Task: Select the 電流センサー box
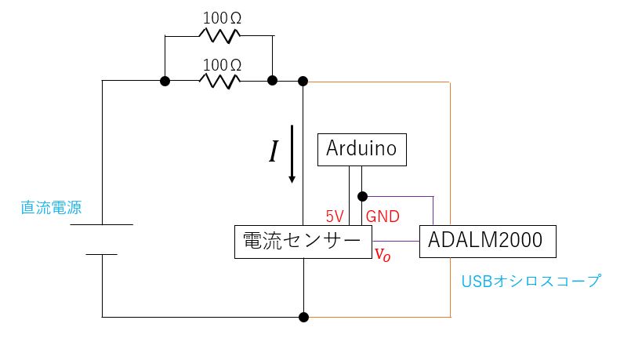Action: click(x=303, y=242)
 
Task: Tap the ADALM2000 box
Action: click(x=488, y=242)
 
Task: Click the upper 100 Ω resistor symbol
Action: click(x=219, y=35)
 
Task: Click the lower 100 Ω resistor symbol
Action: click(x=219, y=81)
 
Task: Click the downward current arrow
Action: click(x=292, y=153)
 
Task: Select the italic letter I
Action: click(x=273, y=151)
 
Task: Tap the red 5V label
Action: click(x=335, y=216)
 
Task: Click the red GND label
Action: click(x=383, y=216)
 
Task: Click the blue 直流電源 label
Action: click(x=50, y=209)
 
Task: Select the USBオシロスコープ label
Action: click(x=530, y=280)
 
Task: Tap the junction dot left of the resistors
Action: click(x=165, y=81)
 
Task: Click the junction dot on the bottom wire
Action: click(x=303, y=317)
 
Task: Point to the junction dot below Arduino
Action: click(x=362, y=196)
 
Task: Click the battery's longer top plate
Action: click(x=102, y=225)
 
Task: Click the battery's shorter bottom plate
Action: click(x=102, y=254)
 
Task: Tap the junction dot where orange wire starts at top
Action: click(x=303, y=81)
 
